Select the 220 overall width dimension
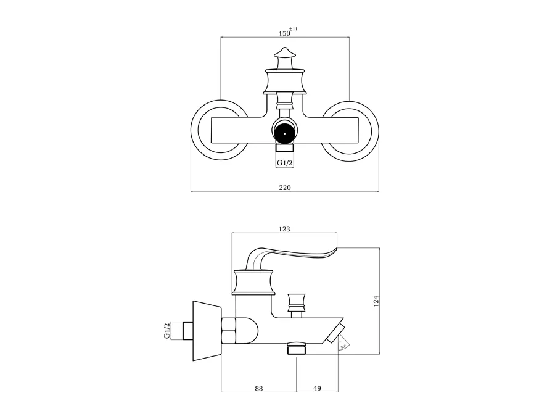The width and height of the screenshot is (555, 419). (x=284, y=186)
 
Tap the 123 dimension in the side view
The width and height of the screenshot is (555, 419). (x=284, y=228)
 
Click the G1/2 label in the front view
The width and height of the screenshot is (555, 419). (x=284, y=162)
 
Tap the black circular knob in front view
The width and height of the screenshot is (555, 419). (x=284, y=131)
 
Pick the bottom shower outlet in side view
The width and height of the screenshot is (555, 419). (x=297, y=349)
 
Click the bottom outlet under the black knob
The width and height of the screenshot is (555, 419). (x=284, y=148)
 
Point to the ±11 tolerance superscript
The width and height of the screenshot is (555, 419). (x=295, y=28)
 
